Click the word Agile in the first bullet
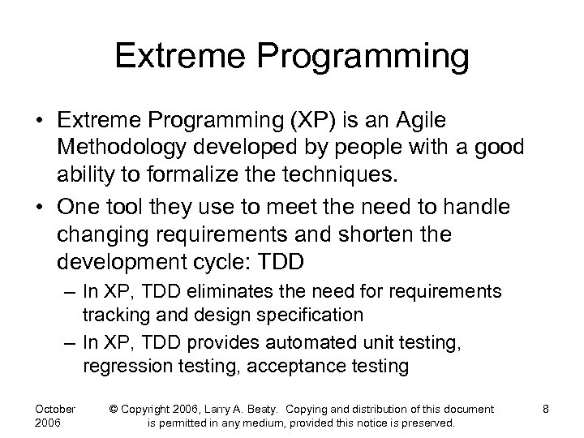[x=421, y=121]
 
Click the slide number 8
[x=546, y=409]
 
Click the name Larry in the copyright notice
[x=247, y=409]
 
